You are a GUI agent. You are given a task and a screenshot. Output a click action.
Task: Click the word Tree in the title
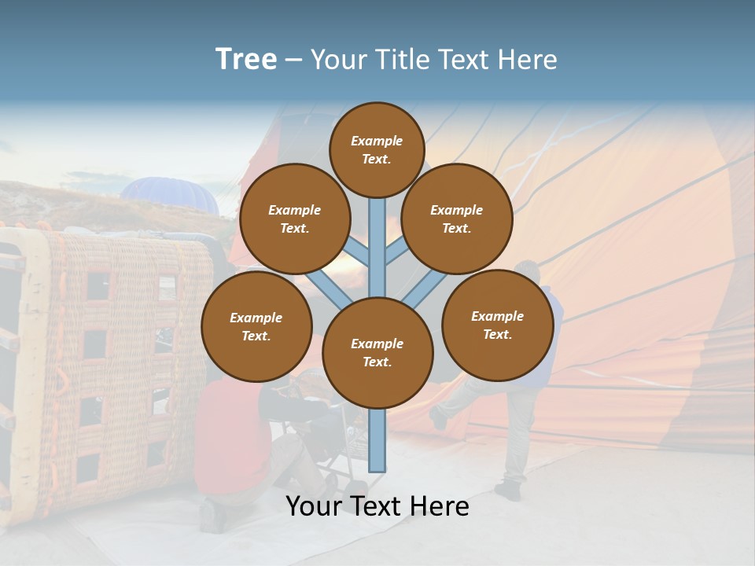(246, 60)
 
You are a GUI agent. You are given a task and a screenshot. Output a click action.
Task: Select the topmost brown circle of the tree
(377, 149)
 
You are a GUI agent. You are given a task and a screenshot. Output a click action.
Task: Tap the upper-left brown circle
(294, 219)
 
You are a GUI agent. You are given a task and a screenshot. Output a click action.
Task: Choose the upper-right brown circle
(456, 219)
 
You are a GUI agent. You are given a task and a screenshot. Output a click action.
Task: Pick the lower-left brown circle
(256, 326)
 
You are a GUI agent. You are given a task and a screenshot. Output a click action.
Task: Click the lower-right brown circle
(497, 325)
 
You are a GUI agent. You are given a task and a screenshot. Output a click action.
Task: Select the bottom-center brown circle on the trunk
(377, 352)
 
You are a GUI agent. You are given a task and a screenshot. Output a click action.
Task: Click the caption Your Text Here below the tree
(377, 506)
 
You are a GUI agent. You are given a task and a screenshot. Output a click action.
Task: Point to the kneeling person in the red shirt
(232, 440)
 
